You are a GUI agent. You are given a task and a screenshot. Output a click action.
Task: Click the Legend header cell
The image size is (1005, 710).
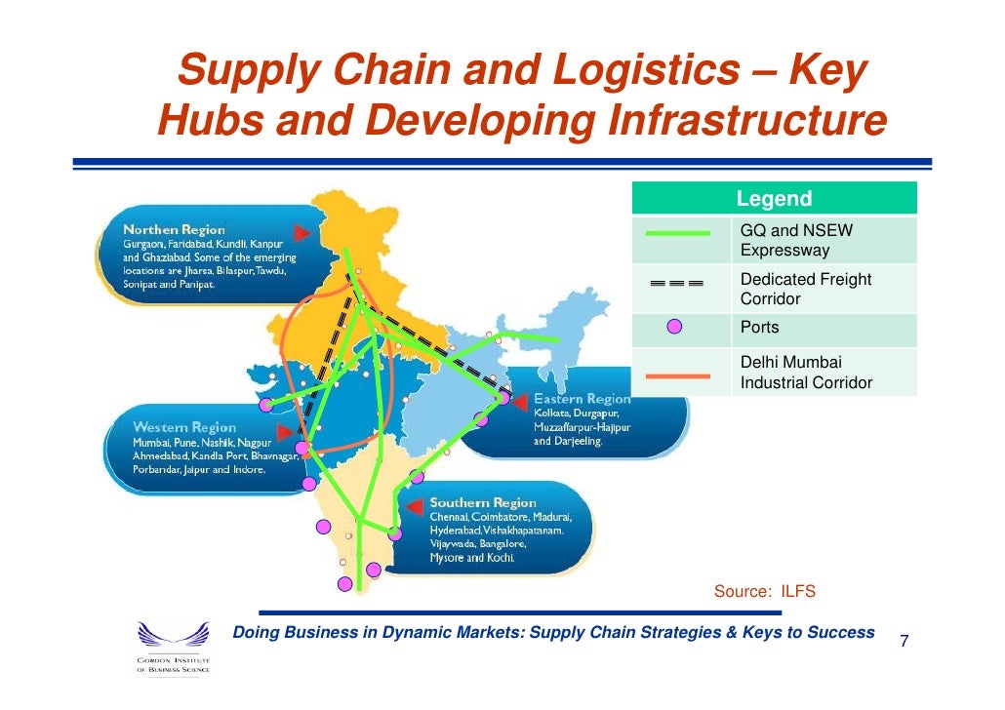tap(774, 199)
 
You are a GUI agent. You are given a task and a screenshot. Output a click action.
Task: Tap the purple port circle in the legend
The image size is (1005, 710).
tap(674, 328)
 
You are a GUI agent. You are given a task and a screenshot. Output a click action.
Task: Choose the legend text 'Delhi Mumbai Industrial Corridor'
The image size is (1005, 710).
tap(806, 373)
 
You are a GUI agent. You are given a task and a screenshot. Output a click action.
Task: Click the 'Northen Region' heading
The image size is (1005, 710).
tap(174, 229)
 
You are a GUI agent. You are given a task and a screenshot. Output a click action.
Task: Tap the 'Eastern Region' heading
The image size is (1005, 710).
tap(582, 399)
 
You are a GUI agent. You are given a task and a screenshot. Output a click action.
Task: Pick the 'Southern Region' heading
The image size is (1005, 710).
tap(483, 502)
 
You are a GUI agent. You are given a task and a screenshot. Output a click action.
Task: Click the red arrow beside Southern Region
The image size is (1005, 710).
tap(416, 503)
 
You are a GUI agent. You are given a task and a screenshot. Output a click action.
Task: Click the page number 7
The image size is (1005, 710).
tap(904, 642)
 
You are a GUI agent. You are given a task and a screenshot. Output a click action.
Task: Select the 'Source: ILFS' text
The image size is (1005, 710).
tap(764, 592)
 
